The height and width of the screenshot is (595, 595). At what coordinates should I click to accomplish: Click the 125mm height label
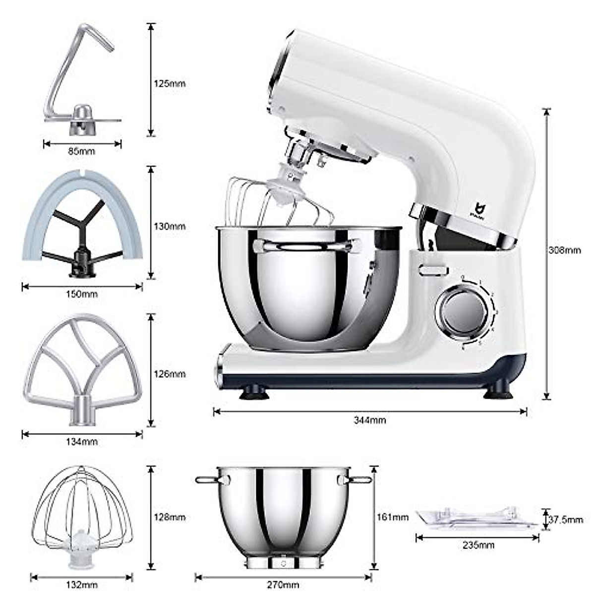[170, 83]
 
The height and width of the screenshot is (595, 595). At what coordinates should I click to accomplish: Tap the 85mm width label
[81, 151]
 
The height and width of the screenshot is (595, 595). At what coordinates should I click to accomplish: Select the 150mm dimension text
[82, 294]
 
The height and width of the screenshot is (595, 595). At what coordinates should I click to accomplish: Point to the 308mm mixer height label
[564, 250]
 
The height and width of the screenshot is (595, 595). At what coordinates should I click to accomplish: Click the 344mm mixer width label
[369, 420]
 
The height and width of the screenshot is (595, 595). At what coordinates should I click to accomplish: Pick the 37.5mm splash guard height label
[566, 520]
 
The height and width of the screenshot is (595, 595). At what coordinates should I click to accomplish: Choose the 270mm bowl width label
[283, 585]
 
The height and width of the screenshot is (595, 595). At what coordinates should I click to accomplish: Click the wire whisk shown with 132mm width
[82, 516]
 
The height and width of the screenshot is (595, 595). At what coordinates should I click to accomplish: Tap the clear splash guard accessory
[476, 518]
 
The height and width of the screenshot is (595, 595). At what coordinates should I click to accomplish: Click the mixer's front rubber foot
[254, 394]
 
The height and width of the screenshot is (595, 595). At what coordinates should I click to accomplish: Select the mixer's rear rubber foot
[497, 393]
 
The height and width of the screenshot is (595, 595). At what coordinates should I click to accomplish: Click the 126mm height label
[170, 373]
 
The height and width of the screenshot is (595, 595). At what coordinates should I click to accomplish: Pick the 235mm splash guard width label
[478, 545]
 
